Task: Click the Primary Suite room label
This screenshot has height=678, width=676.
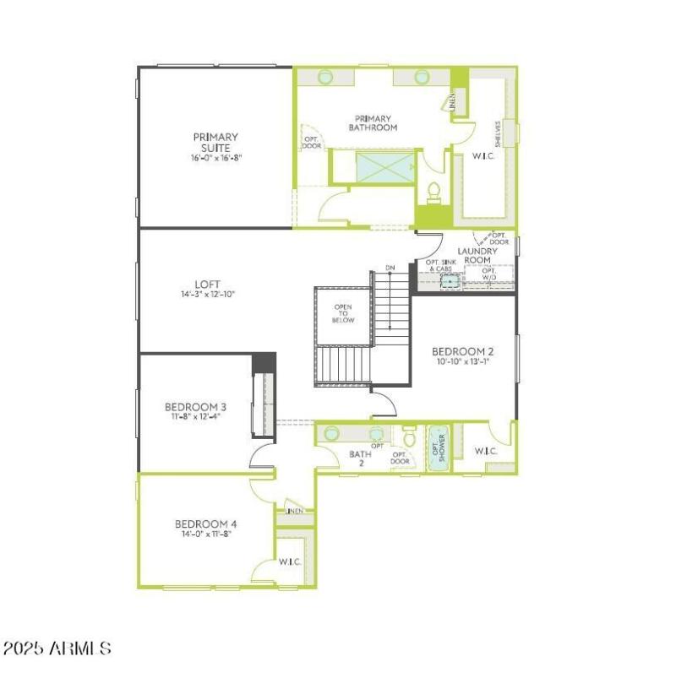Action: [215, 142]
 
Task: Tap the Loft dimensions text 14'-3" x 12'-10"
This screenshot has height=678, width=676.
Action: [207, 295]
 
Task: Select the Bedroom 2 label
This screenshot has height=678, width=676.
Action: [462, 351]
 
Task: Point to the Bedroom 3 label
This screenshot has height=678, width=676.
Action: [195, 406]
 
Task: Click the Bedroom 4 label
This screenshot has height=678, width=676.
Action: [206, 523]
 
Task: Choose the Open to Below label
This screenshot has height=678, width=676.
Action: [343, 313]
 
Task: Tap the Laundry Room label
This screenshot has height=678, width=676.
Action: [477, 255]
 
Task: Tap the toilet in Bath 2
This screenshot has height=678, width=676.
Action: [409, 438]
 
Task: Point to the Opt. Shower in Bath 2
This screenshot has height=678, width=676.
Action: [438, 448]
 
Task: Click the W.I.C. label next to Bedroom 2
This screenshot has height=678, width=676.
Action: [486, 452]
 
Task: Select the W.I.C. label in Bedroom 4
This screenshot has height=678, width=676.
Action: [291, 561]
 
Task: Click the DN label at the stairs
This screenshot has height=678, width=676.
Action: [390, 268]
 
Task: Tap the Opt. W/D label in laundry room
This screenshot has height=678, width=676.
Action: [488, 274]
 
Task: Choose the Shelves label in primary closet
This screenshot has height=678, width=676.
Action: [499, 133]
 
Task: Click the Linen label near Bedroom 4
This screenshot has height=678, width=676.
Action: [294, 511]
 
